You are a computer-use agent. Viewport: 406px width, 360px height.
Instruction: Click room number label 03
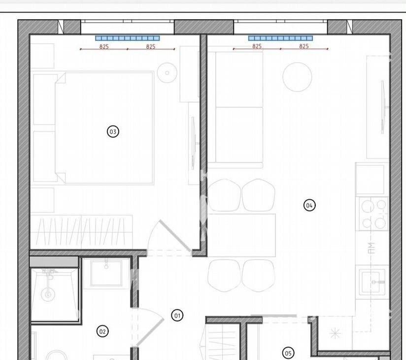tap(113, 132)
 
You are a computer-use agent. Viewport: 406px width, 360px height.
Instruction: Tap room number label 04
tap(309, 205)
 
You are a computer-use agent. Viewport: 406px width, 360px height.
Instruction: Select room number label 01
tap(177, 316)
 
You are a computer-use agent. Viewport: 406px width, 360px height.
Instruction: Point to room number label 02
tap(102, 331)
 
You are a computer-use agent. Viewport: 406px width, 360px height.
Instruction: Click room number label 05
tap(288, 353)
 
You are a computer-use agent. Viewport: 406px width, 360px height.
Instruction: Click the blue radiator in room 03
tap(128, 38)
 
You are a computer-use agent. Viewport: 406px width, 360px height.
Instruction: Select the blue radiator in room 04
tap(280, 38)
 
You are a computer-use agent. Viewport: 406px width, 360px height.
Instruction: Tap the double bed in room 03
tap(104, 128)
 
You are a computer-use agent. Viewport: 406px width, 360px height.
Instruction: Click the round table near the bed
tap(167, 73)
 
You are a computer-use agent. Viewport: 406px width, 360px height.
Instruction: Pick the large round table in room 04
tap(297, 77)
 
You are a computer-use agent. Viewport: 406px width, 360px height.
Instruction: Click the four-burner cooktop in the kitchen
tap(373, 214)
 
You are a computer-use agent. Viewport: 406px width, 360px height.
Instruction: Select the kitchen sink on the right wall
tap(372, 282)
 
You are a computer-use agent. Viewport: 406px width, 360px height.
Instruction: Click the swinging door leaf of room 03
tap(175, 236)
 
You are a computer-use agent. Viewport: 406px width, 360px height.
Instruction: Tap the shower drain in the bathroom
tap(48, 294)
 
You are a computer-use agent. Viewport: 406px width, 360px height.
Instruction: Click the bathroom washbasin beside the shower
tap(106, 273)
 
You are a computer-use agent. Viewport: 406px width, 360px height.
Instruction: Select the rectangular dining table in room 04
tap(241, 235)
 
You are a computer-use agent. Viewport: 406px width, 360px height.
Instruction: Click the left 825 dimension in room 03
tap(104, 47)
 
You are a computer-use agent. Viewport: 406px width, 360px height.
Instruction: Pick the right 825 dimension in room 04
tap(304, 46)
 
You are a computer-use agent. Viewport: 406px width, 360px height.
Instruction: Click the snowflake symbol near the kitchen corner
tap(336, 333)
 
